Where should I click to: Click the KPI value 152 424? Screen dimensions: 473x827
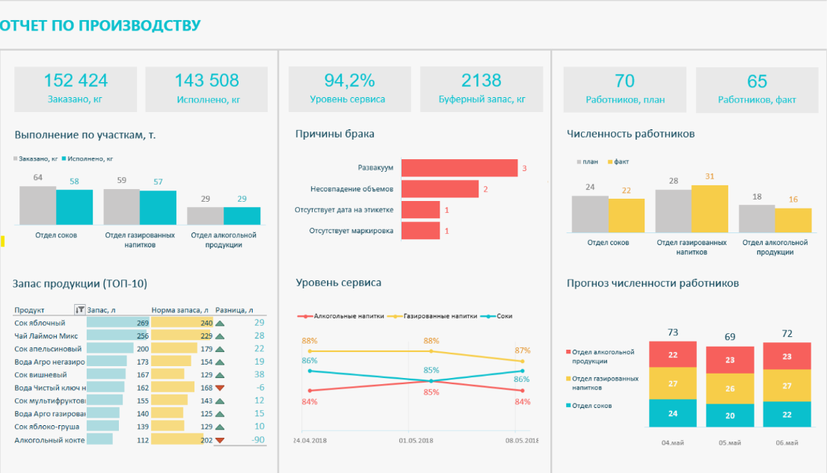point(76,81)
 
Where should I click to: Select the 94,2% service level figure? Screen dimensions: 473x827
point(349,81)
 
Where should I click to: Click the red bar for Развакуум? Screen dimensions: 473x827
point(459,168)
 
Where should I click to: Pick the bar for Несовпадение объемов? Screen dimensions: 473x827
point(440,189)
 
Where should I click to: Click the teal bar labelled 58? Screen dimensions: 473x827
point(74,208)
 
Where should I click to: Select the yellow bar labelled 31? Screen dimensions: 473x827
point(710,209)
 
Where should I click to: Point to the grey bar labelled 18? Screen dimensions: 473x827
point(757,218)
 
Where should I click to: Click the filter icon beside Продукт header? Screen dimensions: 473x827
point(80,309)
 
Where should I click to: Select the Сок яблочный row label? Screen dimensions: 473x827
point(40,323)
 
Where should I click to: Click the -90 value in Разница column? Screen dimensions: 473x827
point(258,440)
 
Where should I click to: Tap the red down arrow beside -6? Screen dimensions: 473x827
point(220,388)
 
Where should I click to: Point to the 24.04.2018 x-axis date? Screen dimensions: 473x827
point(311,441)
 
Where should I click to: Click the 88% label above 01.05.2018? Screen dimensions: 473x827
point(431,341)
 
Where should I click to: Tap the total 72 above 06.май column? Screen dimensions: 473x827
point(786,333)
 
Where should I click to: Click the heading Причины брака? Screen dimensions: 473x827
point(334,134)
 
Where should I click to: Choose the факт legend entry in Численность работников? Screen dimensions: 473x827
point(621,161)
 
